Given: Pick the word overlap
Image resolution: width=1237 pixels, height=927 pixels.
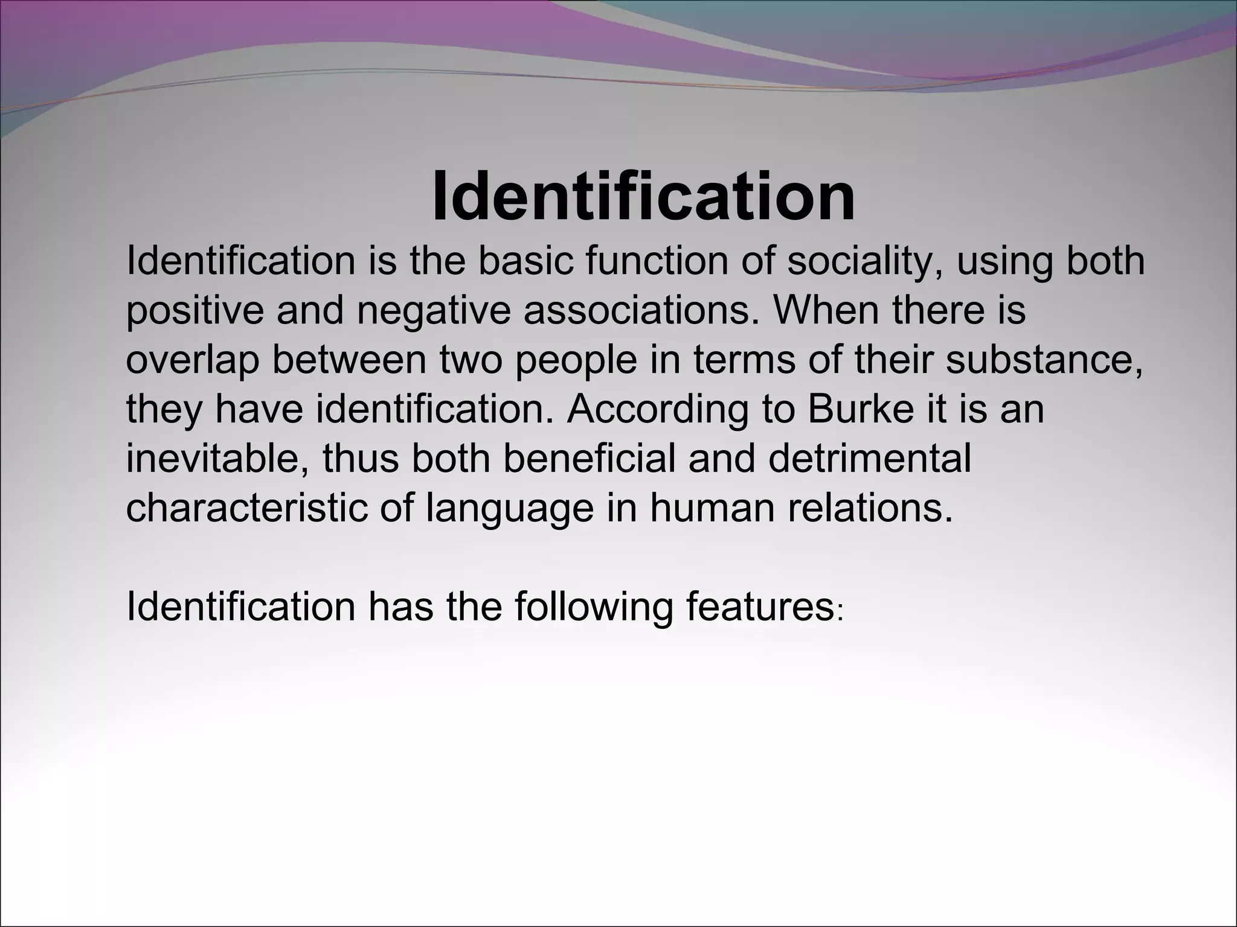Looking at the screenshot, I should click(193, 360).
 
